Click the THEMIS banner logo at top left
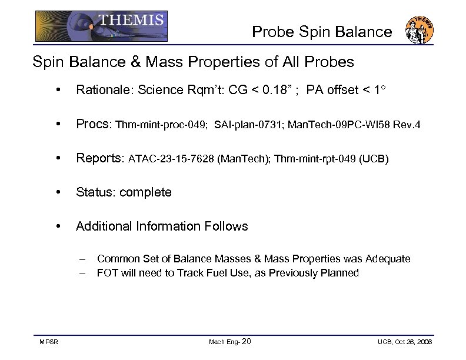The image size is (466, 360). click(x=101, y=26)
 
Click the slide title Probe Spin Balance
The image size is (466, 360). click(x=322, y=32)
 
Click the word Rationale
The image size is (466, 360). click(x=101, y=90)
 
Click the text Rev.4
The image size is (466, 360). click(x=408, y=125)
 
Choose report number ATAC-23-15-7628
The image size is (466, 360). click(x=171, y=159)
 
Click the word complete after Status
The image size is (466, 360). click(x=145, y=192)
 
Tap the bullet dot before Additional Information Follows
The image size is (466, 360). click(x=57, y=226)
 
